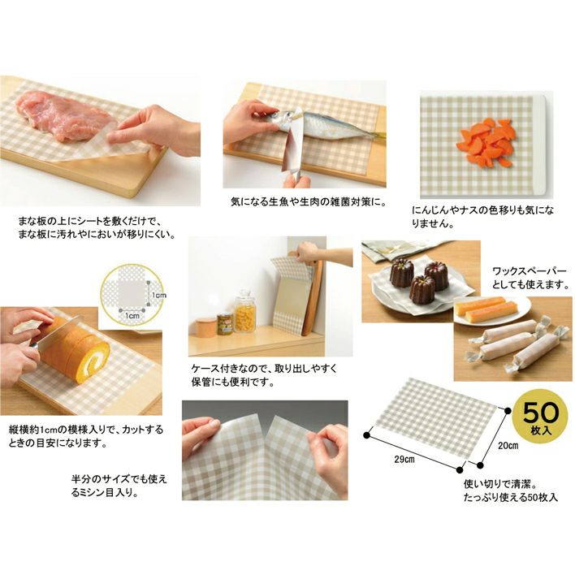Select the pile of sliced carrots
coord(485,142)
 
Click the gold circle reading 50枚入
coord(541,417)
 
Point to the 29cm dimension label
coord(404,459)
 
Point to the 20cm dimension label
coord(508,446)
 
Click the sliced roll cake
coord(73,350)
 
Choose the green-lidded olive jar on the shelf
coord(224,323)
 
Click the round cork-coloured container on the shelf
coord(205,326)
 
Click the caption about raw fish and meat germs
coord(309,201)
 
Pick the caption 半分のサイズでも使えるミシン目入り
coord(119,486)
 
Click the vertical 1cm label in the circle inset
coord(159,295)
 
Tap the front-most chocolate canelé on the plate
coord(422,290)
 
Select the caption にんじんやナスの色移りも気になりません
coord(482,217)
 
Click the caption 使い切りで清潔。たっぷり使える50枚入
coord(511,491)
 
